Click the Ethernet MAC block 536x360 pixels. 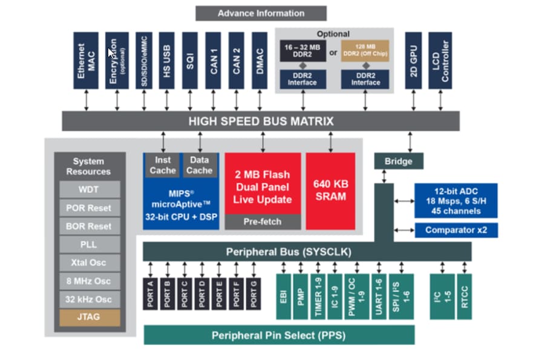click(86, 61)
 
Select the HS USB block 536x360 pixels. click(166, 61)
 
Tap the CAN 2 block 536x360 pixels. click(237, 61)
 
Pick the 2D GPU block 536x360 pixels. click(413, 61)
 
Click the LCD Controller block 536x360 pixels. click(440, 61)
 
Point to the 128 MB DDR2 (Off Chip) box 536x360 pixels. click(364, 51)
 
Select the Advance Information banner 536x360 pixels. click(261, 13)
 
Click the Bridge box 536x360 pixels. click(398, 161)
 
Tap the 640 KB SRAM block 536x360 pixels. click(330, 191)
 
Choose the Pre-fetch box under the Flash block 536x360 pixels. click(263, 222)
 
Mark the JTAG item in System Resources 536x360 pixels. click(90, 317)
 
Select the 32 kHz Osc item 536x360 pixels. click(90, 299)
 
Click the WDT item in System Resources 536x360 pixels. click(90, 189)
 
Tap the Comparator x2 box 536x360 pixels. click(456, 230)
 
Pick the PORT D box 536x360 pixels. click(201, 292)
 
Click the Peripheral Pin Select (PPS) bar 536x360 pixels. click(279, 335)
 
